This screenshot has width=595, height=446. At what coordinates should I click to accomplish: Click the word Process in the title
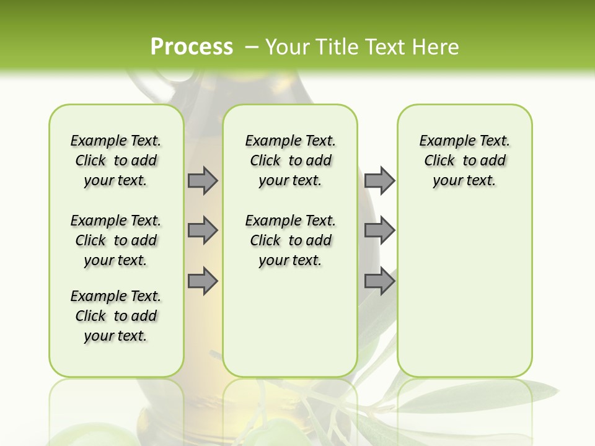coord(192,46)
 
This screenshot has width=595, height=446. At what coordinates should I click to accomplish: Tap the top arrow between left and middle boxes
coord(203,180)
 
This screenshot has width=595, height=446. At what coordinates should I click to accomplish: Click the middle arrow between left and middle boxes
coord(203,230)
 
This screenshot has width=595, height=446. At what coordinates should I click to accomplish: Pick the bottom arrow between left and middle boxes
coord(203,281)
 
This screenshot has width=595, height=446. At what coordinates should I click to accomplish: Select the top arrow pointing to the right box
coord(379,180)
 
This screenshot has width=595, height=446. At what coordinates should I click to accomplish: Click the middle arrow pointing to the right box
coord(379,230)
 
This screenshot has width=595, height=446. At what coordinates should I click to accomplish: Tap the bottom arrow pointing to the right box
coord(379,281)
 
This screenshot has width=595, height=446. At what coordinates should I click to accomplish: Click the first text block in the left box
coord(116,160)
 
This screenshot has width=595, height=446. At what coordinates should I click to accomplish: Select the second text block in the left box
coord(116,240)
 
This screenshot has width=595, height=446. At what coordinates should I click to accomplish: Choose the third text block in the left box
coord(116,316)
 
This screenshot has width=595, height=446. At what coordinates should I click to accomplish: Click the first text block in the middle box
coord(290,160)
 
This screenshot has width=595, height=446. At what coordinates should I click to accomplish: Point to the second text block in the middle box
coord(290,240)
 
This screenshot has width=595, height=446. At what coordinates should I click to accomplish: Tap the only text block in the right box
coord(464,160)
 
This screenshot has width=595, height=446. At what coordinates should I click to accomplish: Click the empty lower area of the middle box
coord(290,322)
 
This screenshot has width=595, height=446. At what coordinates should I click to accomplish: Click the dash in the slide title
coord(252,46)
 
